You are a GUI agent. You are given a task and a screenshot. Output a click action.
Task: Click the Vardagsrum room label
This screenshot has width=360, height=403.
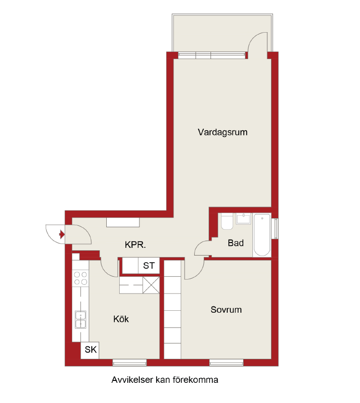click(x=223, y=133)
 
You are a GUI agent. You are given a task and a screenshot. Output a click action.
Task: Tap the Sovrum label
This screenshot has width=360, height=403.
click(x=226, y=310)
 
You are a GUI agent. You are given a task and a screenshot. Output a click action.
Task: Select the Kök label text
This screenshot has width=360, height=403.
click(x=121, y=319)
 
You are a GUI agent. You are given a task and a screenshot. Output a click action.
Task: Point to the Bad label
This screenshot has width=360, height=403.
click(x=236, y=243)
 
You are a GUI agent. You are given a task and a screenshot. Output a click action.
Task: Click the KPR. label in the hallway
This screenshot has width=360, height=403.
click(x=135, y=244)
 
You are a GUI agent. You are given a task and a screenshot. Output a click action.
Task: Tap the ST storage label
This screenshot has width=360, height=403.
click(x=149, y=266)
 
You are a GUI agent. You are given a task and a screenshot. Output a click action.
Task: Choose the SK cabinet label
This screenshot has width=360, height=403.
click(x=90, y=350)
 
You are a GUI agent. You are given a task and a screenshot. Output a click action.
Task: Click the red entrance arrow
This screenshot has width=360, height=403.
click(x=62, y=234)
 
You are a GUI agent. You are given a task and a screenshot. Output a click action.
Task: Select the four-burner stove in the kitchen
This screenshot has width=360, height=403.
click(x=80, y=278)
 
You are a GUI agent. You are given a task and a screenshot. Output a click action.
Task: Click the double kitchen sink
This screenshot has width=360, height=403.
click(x=80, y=319)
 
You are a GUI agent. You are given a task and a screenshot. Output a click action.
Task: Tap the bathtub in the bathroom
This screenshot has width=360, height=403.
click(x=262, y=235)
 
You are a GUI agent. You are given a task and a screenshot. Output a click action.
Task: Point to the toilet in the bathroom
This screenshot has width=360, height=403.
click(x=227, y=221)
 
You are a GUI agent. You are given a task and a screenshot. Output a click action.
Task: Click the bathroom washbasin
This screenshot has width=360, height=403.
click(x=243, y=219)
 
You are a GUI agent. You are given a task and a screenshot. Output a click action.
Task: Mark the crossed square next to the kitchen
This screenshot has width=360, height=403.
click(x=151, y=285)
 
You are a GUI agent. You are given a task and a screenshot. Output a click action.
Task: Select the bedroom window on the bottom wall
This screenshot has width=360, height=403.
click(x=226, y=362)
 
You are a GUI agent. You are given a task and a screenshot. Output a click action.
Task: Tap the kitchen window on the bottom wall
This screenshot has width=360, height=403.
click(x=130, y=362)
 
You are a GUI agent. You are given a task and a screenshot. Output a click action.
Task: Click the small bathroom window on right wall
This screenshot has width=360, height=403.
click(x=275, y=229)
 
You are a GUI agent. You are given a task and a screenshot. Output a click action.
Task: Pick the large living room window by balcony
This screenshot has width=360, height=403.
click(x=211, y=55)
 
